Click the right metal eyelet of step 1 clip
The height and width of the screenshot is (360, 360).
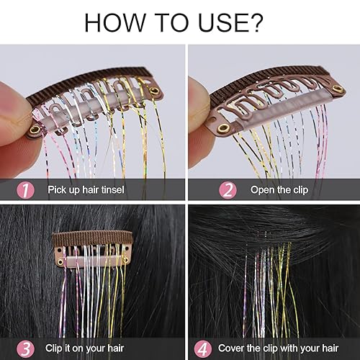pos(153,91)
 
